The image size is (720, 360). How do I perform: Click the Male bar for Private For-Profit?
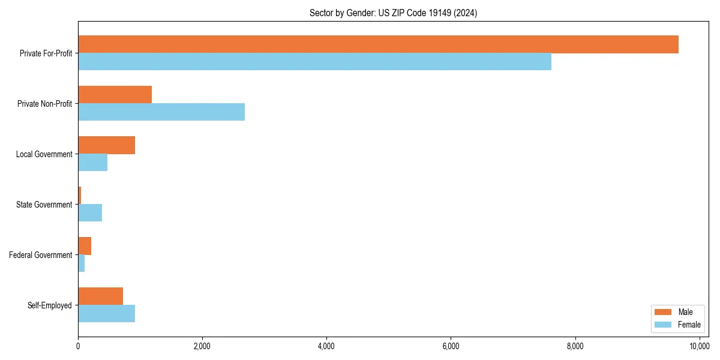click(378, 44)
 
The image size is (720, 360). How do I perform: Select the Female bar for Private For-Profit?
click(314, 62)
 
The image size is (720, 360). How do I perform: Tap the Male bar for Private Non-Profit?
click(115, 95)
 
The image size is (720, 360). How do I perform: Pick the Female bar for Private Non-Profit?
click(161, 112)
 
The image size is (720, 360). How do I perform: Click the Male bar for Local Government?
click(106, 145)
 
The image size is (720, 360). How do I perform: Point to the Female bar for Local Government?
click(92, 163)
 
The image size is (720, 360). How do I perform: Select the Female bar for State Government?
click(90, 213)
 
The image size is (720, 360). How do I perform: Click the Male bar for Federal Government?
click(85, 246)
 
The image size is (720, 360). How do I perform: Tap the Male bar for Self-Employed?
click(100, 296)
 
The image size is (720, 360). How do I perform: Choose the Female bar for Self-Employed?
click(106, 314)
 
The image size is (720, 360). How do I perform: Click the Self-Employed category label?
click(50, 305)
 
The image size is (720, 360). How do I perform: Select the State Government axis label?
click(44, 205)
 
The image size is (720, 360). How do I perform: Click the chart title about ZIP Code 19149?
click(393, 13)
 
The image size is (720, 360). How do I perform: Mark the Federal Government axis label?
click(41, 255)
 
